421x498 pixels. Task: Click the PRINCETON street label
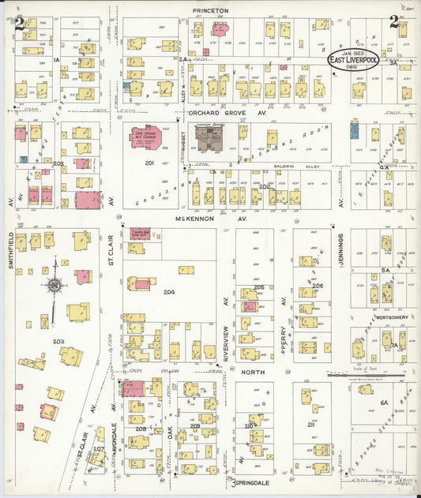[210, 10]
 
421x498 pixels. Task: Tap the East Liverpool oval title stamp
[353, 61]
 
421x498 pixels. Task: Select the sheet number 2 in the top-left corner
[19, 22]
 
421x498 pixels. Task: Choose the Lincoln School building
[210, 139]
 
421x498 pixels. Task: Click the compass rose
[54, 285]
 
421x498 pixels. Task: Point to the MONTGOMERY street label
[391, 317]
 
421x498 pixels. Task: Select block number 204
[168, 292]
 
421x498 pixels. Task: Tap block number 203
[58, 341]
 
